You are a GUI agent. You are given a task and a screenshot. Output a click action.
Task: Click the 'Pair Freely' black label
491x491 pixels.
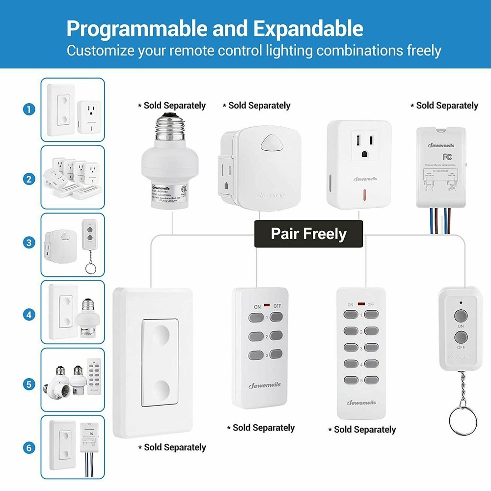(308, 233)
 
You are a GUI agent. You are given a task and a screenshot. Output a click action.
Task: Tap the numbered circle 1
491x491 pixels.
(28, 109)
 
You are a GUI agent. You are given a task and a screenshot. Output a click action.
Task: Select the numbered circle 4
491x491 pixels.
(28, 313)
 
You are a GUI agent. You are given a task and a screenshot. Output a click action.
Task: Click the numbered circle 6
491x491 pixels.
(28, 447)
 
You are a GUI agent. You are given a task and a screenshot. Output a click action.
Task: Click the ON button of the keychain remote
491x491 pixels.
(460, 315)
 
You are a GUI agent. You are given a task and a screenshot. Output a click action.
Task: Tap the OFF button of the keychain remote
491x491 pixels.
(460, 337)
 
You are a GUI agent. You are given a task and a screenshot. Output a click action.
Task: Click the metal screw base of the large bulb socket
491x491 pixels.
(172, 131)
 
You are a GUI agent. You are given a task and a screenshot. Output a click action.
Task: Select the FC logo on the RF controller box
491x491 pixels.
(447, 157)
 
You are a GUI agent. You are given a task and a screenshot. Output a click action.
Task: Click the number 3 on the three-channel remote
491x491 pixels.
(266, 355)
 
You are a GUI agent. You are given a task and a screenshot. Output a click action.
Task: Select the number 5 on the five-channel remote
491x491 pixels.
(361, 380)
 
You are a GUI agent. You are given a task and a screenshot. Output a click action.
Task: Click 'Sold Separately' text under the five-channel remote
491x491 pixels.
(364, 430)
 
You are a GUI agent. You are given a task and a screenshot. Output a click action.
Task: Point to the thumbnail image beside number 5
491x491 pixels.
(73, 380)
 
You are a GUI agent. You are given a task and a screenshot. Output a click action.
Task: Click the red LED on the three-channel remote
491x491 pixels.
(266, 305)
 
